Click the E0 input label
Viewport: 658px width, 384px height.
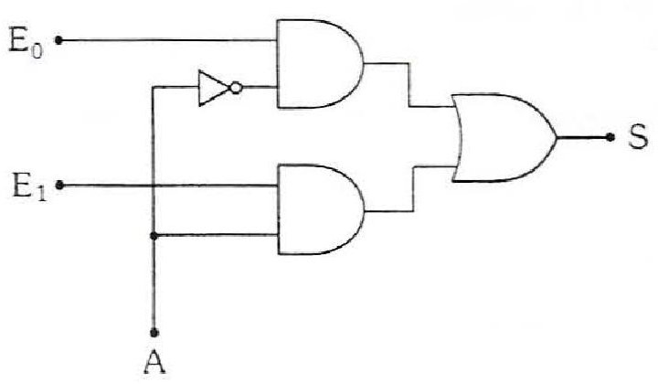tap(26, 43)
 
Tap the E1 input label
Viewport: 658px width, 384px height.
tap(29, 187)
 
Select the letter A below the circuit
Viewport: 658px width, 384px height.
tap(154, 363)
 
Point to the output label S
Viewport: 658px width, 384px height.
tap(638, 137)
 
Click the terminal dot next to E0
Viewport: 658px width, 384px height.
tap(58, 40)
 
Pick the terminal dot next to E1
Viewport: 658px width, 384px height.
tap(59, 185)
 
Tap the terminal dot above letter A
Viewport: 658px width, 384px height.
tap(154, 333)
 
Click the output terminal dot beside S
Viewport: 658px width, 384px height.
tap(610, 137)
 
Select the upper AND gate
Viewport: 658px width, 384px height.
tap(319, 64)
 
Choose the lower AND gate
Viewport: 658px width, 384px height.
tap(320, 209)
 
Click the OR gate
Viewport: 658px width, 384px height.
tap(504, 138)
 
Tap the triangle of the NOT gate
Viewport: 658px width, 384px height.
tap(214, 88)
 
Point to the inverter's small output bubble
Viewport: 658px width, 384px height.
tap(236, 88)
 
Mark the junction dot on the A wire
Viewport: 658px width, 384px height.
tap(154, 236)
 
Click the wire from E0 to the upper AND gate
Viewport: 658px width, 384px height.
tap(167, 40)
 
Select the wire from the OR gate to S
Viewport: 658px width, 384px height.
tap(583, 137)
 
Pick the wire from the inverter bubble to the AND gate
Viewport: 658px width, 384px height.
tap(259, 88)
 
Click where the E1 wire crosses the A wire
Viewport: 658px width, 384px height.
tap(154, 185)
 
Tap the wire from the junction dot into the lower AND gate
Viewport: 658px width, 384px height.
tap(216, 236)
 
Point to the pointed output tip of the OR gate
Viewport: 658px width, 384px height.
tap(557, 137)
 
